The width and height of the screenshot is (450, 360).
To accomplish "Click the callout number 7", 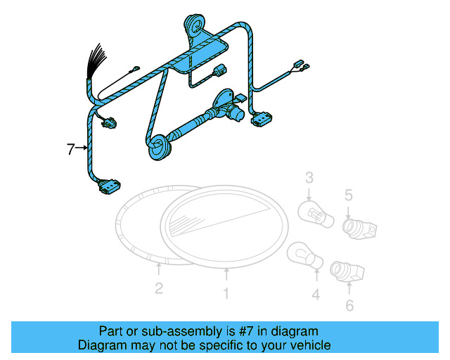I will point(70,149).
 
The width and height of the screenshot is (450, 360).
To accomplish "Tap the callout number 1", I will point(226,294).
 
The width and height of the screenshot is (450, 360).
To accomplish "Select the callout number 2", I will point(159,288).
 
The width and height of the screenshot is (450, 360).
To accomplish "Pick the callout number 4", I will point(316,295).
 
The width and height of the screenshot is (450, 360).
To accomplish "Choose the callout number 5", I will point(349,195).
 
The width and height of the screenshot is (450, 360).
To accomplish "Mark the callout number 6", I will point(350,305).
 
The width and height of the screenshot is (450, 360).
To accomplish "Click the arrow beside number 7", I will point(82,148).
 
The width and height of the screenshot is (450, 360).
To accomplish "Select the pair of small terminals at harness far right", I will point(300,67).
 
